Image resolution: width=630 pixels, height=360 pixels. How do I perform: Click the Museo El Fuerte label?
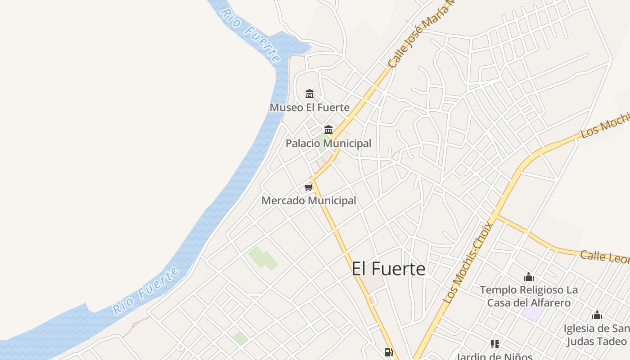309,108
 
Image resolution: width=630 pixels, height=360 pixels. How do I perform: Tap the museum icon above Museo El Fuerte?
310,94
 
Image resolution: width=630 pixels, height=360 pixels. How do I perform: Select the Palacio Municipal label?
328,144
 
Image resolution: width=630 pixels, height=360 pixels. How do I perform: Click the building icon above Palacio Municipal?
328,130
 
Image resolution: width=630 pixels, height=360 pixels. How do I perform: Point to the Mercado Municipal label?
309,201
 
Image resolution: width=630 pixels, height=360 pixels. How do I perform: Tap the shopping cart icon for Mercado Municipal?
308,187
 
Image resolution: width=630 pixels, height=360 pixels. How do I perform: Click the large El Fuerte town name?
388,269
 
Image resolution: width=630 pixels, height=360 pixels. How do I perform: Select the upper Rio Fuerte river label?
250,34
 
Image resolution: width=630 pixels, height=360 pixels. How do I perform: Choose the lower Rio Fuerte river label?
146,291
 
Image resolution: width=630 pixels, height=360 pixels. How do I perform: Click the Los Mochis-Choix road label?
468,263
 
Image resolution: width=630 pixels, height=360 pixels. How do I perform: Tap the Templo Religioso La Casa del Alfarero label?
529,296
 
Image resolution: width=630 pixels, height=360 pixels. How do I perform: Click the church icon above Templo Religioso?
529,277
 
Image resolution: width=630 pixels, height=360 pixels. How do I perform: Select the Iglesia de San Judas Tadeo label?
596,335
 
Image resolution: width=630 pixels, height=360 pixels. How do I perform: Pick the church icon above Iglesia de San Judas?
597,315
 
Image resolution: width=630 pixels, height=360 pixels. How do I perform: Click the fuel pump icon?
388,352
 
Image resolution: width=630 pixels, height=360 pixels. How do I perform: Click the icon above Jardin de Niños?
495,344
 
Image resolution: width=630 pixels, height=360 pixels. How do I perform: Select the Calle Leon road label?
604,257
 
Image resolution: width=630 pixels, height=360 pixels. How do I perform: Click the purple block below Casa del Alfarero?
533,314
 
